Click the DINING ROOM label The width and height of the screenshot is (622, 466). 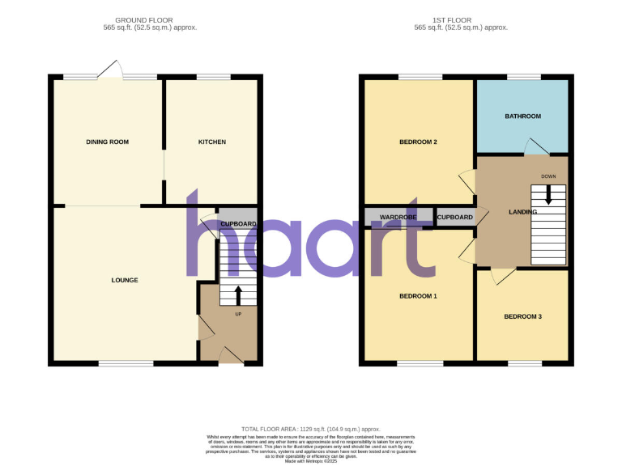tap(107, 142)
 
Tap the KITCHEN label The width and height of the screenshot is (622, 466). tap(212, 142)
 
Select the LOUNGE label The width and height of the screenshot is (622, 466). tap(125, 281)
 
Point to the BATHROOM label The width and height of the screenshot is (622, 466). tap(522, 116)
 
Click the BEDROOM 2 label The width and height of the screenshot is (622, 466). tap(418, 142)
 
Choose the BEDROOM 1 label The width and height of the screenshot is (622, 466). tap(418, 296)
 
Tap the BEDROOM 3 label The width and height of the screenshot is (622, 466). tap(522, 316)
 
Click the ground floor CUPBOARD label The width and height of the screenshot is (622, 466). tap(238, 224)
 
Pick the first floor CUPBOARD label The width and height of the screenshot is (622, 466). tap(455, 218)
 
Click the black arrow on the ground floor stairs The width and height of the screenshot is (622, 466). tap(237, 294)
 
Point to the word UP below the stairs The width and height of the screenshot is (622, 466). tap(237, 314)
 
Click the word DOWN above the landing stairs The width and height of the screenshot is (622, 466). tap(548, 176)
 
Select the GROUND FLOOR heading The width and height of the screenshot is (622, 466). tap(145, 19)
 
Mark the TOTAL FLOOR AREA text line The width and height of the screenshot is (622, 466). tap(310, 429)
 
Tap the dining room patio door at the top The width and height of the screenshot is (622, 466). tap(110, 73)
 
